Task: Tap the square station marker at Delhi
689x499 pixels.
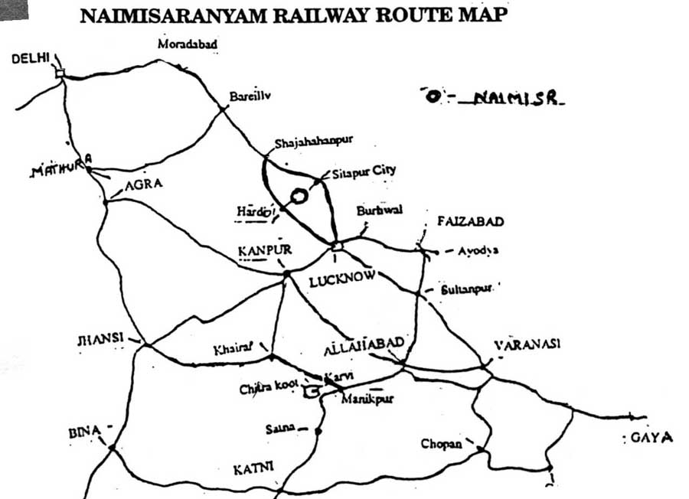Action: [60, 73]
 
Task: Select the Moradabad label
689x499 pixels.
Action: [188, 44]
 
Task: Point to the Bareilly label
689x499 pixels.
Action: [250, 96]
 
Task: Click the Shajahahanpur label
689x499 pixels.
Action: [313, 142]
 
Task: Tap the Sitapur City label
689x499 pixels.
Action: [364, 171]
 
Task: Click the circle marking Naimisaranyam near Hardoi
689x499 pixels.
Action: [299, 197]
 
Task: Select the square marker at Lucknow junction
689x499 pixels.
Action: [335, 245]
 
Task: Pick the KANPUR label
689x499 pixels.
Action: [265, 250]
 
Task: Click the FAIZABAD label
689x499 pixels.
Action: [470, 222]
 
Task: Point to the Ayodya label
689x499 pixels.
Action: [477, 250]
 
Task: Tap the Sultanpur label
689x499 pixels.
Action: [467, 290]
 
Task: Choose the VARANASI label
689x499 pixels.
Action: [527, 344]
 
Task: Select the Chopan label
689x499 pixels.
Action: [441, 443]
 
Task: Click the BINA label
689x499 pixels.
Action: [84, 433]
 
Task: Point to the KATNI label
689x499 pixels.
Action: [252, 466]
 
